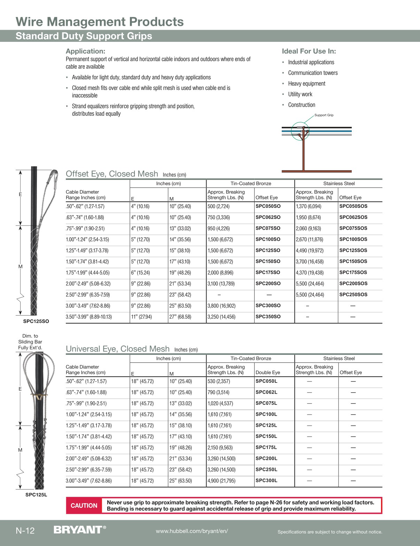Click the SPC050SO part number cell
click(x=268, y=206)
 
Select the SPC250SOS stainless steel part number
click(x=353, y=294)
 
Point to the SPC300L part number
click(x=266, y=480)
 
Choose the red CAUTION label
click(x=84, y=506)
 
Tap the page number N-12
click(x=25, y=531)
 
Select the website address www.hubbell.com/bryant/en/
click(x=192, y=531)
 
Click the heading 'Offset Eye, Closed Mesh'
click(x=112, y=174)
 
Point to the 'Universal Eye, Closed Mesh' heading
click(x=118, y=349)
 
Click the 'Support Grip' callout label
click(x=324, y=115)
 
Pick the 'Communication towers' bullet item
click(x=313, y=73)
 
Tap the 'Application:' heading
click(x=85, y=51)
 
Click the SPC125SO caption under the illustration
click(x=36, y=321)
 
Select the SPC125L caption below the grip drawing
click(x=36, y=494)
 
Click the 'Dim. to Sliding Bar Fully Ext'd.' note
click(x=30, y=342)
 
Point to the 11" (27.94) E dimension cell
click(x=141, y=317)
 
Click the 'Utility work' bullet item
click(x=300, y=94)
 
